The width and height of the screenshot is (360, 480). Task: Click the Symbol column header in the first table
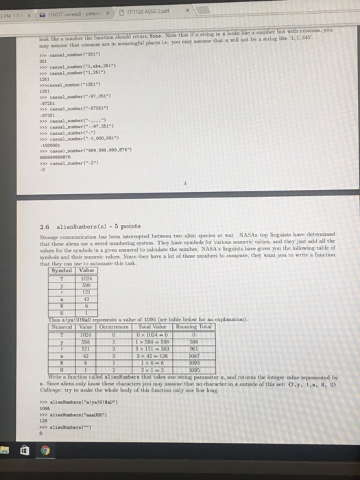62,290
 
